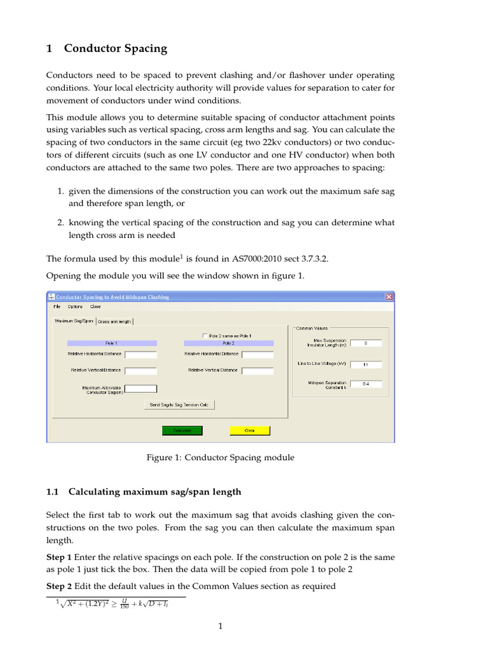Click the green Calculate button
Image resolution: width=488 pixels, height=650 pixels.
coord(182,430)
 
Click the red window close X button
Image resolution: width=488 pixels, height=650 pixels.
coord(389,296)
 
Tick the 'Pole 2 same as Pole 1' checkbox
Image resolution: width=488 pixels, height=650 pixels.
coord(205,335)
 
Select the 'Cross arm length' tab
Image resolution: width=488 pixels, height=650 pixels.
coord(114,322)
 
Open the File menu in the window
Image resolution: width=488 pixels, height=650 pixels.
coord(57,307)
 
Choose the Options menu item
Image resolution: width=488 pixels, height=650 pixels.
coord(75,307)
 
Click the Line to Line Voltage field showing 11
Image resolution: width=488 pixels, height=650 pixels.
coord(365,364)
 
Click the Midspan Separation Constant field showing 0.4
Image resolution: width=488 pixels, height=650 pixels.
coord(365,384)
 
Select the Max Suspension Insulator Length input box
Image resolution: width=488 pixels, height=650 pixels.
coord(365,343)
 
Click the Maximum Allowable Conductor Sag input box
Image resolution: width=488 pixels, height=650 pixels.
coord(140,388)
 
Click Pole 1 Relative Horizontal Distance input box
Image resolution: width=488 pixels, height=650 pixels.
coord(140,354)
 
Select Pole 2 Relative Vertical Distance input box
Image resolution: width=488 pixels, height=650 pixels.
coord(257,371)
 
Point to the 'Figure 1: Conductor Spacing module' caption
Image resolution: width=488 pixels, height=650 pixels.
coord(220,457)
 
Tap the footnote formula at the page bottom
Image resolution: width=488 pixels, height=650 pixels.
coord(115,604)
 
